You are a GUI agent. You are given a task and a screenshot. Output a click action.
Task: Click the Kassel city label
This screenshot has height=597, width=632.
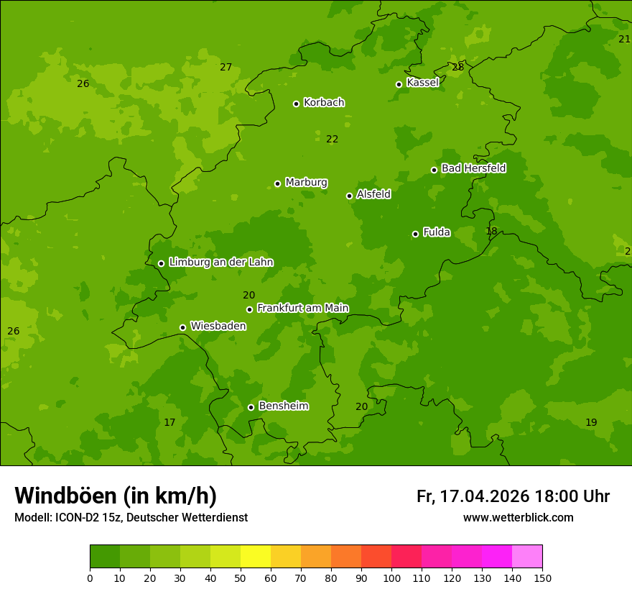pyautogui.click(x=422, y=83)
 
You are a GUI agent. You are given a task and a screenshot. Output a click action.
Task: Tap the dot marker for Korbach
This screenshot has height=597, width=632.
pyautogui.click(x=296, y=104)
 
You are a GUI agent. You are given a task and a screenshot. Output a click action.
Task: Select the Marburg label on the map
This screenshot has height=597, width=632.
pyautogui.click(x=306, y=183)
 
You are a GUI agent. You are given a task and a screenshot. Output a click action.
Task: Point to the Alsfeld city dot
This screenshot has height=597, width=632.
pyautogui.click(x=349, y=196)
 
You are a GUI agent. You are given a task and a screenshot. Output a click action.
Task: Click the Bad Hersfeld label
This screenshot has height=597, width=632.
pyautogui.click(x=473, y=168)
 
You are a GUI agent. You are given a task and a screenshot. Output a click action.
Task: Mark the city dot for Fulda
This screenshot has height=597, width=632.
pyautogui.click(x=415, y=234)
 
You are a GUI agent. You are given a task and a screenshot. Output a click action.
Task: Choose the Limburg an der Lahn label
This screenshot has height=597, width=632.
pyautogui.click(x=220, y=263)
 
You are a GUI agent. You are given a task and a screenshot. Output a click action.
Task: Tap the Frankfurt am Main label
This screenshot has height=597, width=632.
pyautogui.click(x=302, y=309)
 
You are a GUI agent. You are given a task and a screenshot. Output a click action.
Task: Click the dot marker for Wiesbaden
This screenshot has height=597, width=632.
pyautogui.click(x=182, y=327)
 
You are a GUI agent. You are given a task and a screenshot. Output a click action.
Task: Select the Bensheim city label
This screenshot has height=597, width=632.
pyautogui.click(x=283, y=406)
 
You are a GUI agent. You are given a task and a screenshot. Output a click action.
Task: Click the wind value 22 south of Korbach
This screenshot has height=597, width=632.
pyautogui.click(x=332, y=139)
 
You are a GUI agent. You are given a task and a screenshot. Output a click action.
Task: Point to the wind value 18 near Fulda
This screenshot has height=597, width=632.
pyautogui.click(x=491, y=231)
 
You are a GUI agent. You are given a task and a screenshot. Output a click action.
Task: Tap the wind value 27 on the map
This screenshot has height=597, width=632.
pyautogui.click(x=226, y=67)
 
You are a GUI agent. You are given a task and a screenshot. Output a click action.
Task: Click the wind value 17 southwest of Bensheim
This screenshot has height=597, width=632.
pyautogui.click(x=169, y=422)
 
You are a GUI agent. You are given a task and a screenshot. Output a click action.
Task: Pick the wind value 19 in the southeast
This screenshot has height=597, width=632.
pyautogui.click(x=591, y=422)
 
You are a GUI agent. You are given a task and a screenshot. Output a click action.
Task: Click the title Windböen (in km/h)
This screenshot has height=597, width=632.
pyautogui.click(x=116, y=496)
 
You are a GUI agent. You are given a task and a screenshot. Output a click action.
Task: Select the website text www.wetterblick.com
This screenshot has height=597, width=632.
pyautogui.click(x=518, y=518)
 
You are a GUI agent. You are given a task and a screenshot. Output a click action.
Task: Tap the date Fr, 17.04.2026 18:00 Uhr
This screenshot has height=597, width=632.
pyautogui.click(x=513, y=496)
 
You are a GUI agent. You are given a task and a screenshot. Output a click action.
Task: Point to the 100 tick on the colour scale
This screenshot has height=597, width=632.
pyautogui.click(x=391, y=577)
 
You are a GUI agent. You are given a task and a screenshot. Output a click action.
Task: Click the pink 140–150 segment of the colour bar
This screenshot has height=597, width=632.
pyautogui.click(x=527, y=557)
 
